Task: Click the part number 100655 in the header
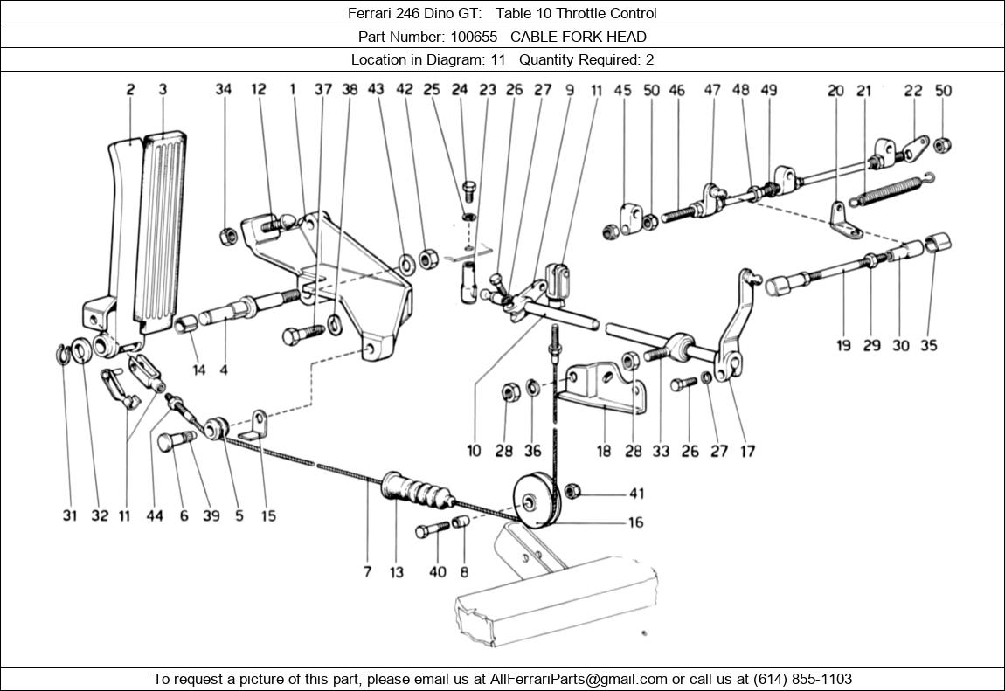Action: pos(474,37)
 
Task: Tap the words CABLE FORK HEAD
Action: pos(579,37)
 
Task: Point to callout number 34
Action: pos(224,89)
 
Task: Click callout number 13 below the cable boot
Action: pos(397,572)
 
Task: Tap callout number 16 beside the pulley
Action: pos(635,522)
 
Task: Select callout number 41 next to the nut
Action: pos(635,494)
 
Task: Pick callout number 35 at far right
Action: pos(928,345)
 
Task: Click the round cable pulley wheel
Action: pos(533,501)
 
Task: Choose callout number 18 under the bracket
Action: pos(604,451)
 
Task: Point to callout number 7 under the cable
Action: pos(367,572)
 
